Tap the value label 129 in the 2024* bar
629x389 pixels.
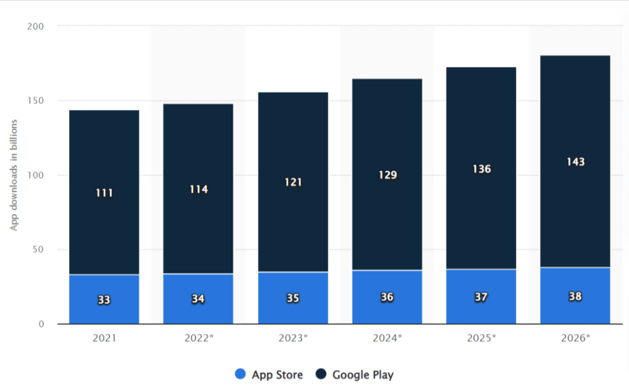[x=388, y=175]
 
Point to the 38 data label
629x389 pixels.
[x=576, y=296]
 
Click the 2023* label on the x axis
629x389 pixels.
[x=294, y=337]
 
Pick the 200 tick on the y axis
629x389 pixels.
[x=36, y=26]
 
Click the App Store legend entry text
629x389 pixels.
[x=277, y=374]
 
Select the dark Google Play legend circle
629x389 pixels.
[x=321, y=374]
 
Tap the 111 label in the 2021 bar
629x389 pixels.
[x=104, y=193]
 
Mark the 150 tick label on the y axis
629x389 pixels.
[x=36, y=101]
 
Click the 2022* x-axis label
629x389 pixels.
[x=198, y=337]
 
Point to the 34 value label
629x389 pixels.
[x=198, y=299]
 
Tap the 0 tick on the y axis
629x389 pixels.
[x=41, y=324]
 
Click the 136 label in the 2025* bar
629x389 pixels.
[x=482, y=168]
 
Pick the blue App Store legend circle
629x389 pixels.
[x=240, y=374]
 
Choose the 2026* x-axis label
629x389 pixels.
[x=576, y=337]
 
